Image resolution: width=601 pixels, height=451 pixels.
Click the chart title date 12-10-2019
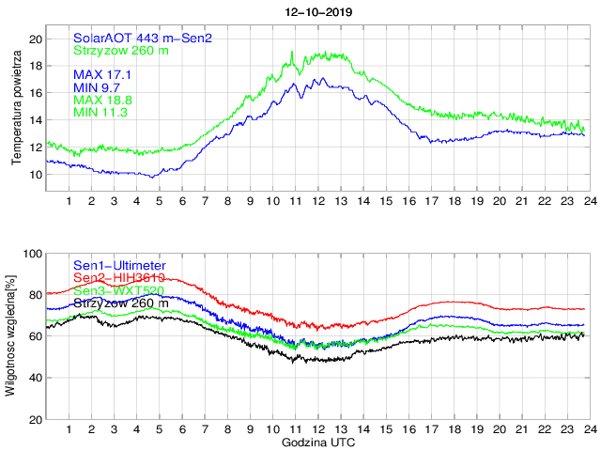pyautogui.click(x=319, y=11)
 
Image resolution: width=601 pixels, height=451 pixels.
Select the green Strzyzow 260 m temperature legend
pyautogui.click(x=121, y=51)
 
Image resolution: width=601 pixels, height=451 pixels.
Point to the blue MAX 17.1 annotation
pyautogui.click(x=101, y=73)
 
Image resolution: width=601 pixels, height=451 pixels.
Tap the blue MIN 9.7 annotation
pyautogui.click(x=98, y=86)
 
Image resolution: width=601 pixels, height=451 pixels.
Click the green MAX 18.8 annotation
pyautogui.click(x=101, y=100)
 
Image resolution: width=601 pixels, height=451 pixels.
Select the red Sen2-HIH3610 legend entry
pyautogui.click(x=119, y=279)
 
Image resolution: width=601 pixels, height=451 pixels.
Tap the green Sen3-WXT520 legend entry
pyautogui.click(x=119, y=291)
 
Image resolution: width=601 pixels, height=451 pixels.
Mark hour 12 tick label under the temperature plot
pyautogui.click(x=318, y=201)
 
